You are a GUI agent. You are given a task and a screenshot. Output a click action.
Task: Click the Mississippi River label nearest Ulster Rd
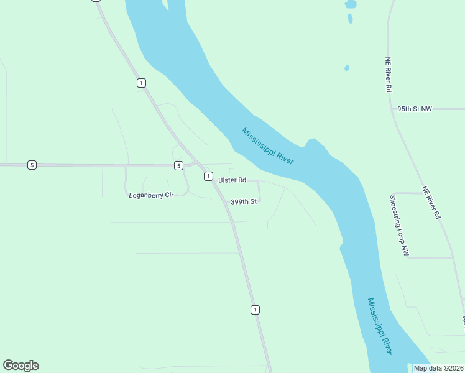tap(267, 146)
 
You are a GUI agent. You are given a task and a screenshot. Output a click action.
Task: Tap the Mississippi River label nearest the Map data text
tap(379, 326)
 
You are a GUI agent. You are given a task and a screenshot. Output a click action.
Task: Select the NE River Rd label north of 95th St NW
tap(387, 75)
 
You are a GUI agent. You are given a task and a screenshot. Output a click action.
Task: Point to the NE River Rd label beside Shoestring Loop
tap(431, 203)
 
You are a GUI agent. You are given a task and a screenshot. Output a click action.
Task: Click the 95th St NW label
tap(414, 109)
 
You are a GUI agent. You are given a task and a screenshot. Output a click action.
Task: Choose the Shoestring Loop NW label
tap(398, 226)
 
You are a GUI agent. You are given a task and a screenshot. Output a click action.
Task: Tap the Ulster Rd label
tap(232, 180)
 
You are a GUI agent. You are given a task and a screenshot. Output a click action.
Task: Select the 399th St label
tap(244, 202)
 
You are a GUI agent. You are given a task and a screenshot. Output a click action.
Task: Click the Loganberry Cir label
tap(150, 195)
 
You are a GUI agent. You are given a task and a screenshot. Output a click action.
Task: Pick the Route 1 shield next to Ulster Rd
tap(208, 177)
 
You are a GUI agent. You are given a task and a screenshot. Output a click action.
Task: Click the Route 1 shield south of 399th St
tap(255, 310)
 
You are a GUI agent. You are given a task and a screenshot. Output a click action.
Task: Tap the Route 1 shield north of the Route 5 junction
tap(142, 83)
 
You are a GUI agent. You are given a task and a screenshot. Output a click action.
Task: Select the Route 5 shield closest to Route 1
tap(178, 165)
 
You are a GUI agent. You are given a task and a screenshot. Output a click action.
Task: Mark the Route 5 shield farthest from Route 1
tap(32, 165)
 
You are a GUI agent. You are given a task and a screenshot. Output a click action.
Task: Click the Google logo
tap(21, 366)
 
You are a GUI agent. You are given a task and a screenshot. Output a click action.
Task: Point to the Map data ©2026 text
tap(438, 368)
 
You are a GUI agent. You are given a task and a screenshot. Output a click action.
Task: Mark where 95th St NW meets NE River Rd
tap(393, 109)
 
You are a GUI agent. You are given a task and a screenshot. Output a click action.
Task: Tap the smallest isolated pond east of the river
tap(346, 68)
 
